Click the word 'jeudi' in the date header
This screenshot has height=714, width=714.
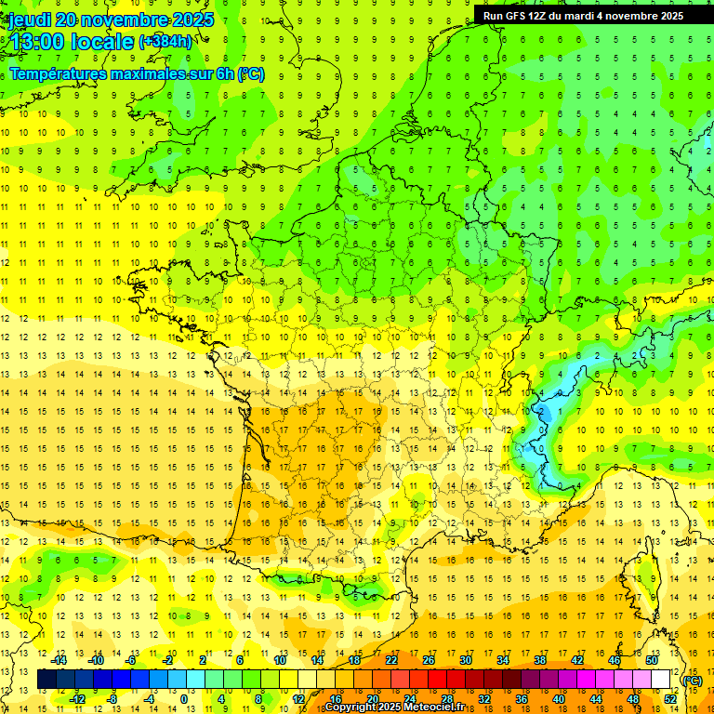30,20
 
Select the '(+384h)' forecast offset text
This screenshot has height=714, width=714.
165,41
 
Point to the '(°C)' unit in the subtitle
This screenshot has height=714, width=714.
251,73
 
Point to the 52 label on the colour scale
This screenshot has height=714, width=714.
670,699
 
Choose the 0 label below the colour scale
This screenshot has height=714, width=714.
183,699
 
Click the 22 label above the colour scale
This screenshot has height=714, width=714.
391,660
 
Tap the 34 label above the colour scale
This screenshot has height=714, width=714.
503,660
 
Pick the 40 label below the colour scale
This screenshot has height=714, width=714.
559,699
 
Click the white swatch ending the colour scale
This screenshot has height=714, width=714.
661,680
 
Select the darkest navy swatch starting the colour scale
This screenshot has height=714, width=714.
46,680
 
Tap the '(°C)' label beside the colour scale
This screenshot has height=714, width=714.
692,680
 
